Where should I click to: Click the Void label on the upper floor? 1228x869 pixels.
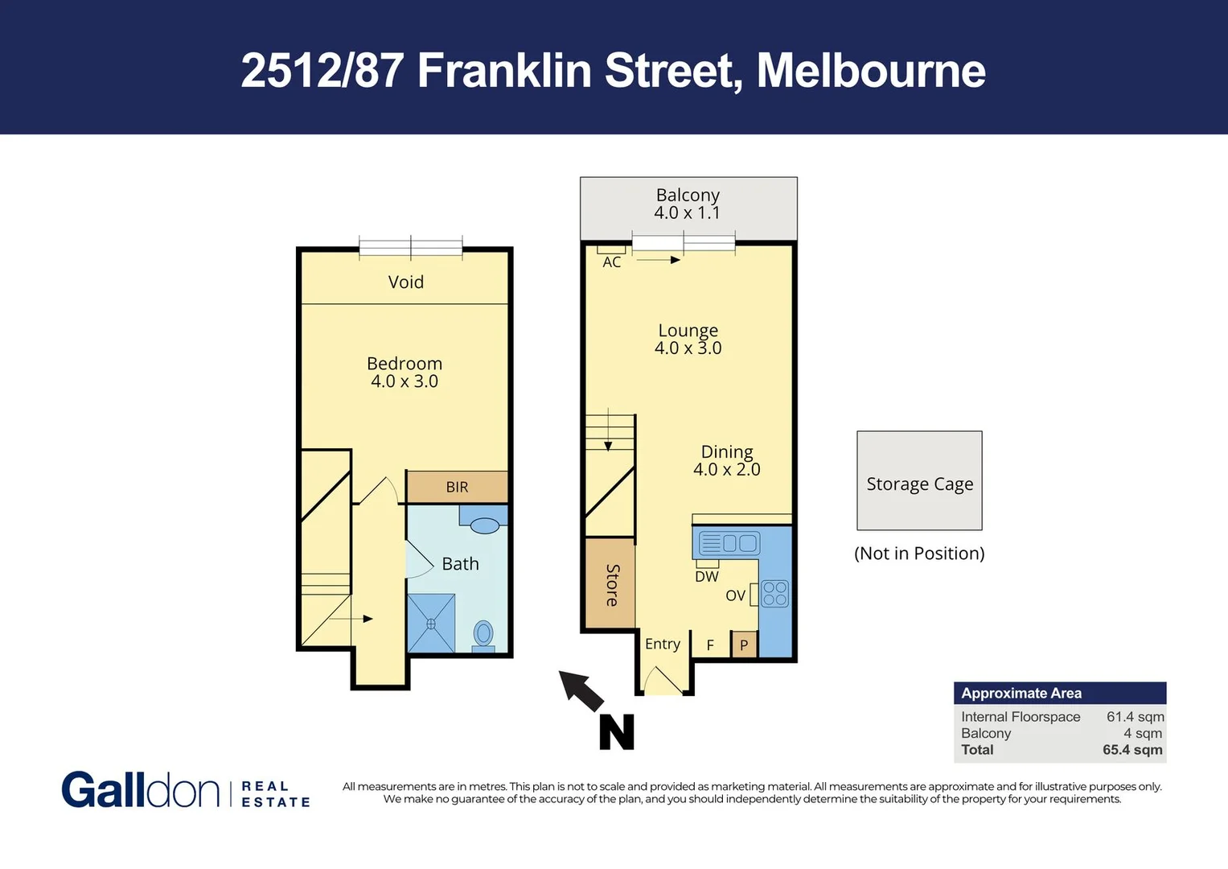405,282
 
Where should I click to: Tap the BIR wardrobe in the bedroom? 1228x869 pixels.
457,487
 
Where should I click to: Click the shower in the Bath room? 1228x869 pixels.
431,623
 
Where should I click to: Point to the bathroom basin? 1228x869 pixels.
484,525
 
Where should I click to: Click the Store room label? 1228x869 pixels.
611,585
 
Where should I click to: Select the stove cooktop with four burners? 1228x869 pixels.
774,594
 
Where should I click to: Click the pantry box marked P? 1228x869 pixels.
744,645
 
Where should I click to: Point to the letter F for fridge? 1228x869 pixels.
710,645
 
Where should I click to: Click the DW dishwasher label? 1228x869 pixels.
707,576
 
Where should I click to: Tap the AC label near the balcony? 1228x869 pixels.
612,262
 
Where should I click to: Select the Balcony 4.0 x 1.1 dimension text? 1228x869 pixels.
687,213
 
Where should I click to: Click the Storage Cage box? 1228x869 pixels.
919,481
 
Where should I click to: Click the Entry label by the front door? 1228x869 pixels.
663,644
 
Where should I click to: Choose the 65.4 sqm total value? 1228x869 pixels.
1132,750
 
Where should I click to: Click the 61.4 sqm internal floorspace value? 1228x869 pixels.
1135,717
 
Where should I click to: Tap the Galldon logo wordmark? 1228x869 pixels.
141,790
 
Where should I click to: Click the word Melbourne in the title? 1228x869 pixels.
871,71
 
